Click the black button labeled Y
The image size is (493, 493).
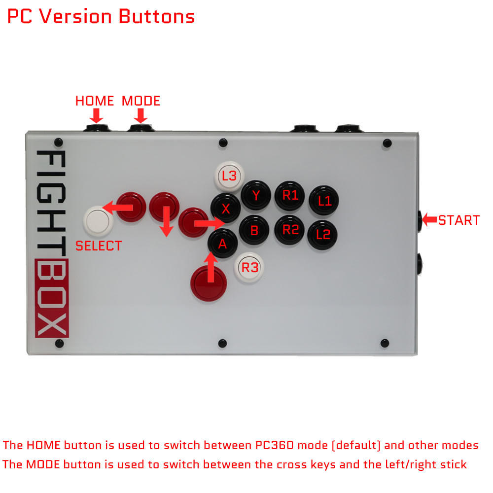pos(256,196)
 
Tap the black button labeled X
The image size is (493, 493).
pos(225,209)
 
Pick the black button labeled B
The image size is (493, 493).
pos(254,230)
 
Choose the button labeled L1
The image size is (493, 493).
pos(324,201)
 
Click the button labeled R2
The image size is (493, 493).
pos(290,229)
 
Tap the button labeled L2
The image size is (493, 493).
pos(323,235)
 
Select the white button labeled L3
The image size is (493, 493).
pos(229,176)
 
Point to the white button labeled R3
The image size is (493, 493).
pos(249,268)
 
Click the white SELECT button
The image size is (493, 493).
pos(99,219)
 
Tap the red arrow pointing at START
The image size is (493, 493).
pos(429,219)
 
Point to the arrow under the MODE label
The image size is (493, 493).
pos(141,116)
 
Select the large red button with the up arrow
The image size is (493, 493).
pos(209,283)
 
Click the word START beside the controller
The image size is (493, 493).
pos(459,220)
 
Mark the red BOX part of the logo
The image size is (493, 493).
pos(52,298)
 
